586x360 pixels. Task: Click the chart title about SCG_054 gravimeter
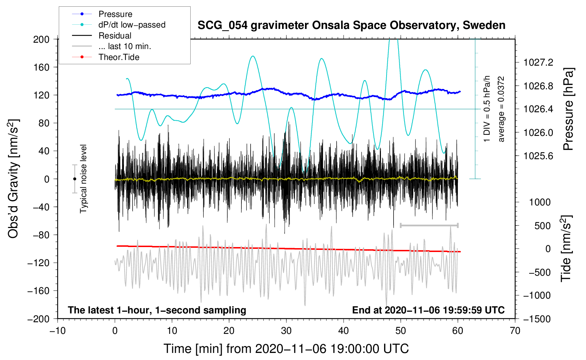(x=351, y=25)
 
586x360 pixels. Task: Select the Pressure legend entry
(x=115, y=14)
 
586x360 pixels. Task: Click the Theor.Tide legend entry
(x=119, y=57)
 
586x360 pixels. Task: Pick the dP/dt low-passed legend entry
(x=132, y=25)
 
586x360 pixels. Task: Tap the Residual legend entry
(x=115, y=36)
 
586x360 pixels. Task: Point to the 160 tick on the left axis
(x=41, y=67)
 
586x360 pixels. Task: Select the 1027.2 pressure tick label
(x=538, y=62)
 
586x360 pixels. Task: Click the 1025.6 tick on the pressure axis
(x=538, y=156)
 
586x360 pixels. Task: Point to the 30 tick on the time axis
(x=286, y=331)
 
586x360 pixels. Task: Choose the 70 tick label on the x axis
(x=515, y=331)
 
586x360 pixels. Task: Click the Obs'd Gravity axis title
(x=13, y=179)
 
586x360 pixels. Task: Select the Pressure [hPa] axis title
(x=568, y=109)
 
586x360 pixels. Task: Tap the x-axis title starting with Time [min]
(x=286, y=349)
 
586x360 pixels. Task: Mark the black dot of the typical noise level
(x=74, y=179)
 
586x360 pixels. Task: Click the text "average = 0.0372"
(x=501, y=109)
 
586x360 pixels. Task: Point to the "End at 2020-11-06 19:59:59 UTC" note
(x=428, y=310)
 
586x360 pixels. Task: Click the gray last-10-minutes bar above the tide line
(x=429, y=225)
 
